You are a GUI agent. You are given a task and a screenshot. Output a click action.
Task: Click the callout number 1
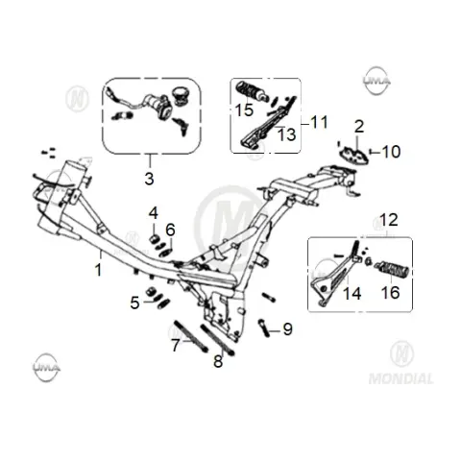[x=99, y=270]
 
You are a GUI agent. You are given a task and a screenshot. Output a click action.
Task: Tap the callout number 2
[x=359, y=127]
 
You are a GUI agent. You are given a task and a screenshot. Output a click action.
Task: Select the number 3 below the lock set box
[x=149, y=179]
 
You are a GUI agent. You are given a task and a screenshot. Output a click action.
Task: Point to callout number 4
[x=154, y=213]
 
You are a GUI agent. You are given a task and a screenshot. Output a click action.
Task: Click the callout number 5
[x=134, y=303]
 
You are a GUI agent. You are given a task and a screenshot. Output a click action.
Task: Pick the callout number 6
[x=170, y=230]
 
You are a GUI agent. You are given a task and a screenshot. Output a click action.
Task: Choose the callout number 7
[x=176, y=345]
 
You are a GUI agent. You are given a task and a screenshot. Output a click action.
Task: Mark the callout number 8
[x=218, y=361]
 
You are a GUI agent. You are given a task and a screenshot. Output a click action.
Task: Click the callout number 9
[x=287, y=328]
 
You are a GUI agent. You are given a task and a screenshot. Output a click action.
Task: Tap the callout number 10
[x=391, y=152]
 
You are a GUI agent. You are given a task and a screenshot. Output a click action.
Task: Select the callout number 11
[x=320, y=122]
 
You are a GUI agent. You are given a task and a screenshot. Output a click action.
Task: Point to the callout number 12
[x=389, y=220]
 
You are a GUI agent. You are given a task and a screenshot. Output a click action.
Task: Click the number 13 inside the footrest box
[x=286, y=134]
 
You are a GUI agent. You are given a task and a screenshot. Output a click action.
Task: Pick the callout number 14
[x=352, y=293]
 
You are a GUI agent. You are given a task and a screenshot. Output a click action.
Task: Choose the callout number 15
[x=244, y=109]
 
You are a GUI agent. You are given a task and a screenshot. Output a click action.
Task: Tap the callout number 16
[x=391, y=292]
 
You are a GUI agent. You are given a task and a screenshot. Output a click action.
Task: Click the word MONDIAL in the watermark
[x=400, y=378]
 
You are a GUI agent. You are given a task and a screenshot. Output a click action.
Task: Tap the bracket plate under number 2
[x=353, y=156]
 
